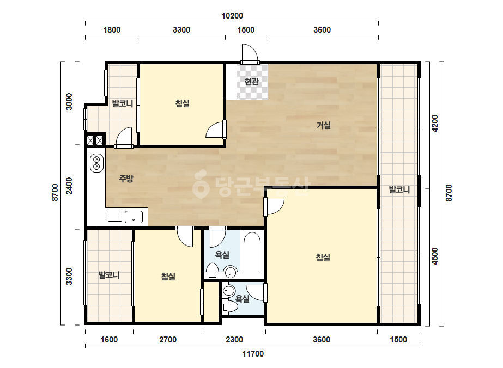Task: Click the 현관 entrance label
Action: click(251, 82)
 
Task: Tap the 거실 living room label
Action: click(323, 125)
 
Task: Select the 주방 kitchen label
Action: click(126, 179)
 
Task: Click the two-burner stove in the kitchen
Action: click(96, 163)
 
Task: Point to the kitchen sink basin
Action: click(134, 217)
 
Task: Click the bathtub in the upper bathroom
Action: click(252, 253)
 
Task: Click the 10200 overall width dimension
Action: click(232, 15)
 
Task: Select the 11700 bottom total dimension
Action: click(253, 354)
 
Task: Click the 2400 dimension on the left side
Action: click(69, 186)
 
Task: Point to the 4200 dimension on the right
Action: click(435, 124)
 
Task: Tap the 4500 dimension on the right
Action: click(435, 256)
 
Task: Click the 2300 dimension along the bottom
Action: click(234, 340)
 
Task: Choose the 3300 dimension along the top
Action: click(181, 30)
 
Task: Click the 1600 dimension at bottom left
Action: click(109, 340)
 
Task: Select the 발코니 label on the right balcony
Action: click(399, 190)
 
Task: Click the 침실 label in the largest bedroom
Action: click(323, 257)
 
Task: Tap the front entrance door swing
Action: click(250, 53)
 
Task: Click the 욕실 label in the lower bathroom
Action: click(242, 299)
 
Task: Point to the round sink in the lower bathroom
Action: click(228, 291)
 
